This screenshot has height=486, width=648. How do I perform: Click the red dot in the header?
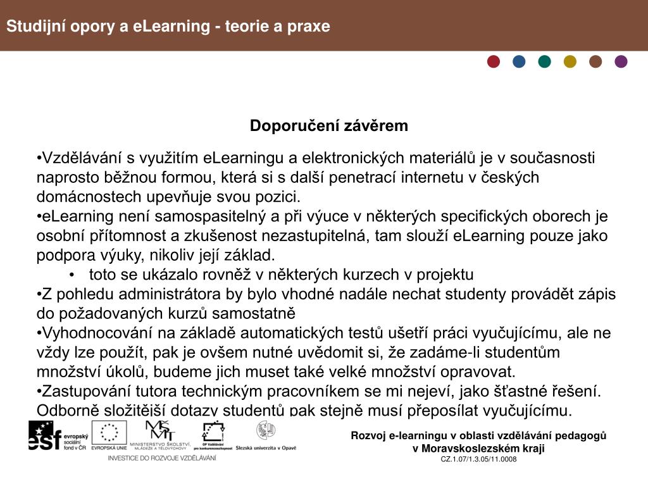click(494, 61)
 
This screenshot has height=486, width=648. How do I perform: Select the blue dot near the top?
click(519, 61)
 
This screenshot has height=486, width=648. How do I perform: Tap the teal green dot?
click(545, 61)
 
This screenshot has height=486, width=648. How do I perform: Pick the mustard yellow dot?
click(570, 61)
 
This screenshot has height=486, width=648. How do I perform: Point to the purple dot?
click(621, 61)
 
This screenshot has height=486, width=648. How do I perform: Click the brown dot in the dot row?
click(595, 61)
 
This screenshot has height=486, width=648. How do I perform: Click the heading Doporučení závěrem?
click(329, 126)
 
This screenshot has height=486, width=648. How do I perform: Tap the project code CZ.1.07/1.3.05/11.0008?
click(478, 459)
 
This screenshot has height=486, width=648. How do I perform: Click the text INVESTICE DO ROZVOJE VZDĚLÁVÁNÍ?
click(162, 458)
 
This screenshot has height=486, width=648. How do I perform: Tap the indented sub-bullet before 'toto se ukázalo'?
click(74, 275)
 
